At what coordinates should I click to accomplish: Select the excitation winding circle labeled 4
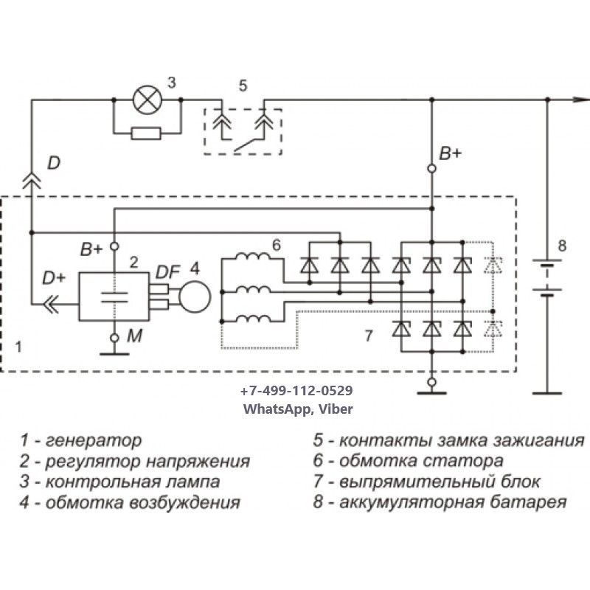click(195, 296)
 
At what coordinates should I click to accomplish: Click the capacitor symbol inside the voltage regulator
click(114, 297)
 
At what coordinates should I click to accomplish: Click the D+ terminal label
click(52, 278)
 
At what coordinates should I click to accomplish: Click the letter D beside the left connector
click(53, 163)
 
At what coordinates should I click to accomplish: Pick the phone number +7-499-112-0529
click(296, 391)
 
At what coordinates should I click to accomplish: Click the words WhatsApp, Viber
click(296, 407)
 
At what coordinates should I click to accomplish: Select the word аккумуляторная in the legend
click(414, 503)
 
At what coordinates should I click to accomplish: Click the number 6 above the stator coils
click(276, 245)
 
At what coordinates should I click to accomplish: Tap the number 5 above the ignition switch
click(243, 86)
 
